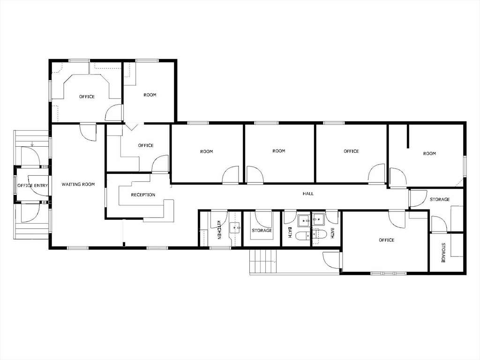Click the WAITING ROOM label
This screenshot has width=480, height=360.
click(x=78, y=185)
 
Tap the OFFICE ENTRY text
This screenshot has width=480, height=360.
click(x=33, y=186)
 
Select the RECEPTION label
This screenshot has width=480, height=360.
click(x=143, y=195)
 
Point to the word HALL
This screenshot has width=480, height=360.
click(x=308, y=194)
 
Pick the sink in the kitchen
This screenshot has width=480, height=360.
click(x=234, y=228)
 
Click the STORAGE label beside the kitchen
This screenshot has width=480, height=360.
click(x=262, y=231)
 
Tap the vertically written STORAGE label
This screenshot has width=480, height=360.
click(x=443, y=252)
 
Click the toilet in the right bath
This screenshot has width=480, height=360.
click(x=319, y=234)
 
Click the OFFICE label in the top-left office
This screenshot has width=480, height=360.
click(x=87, y=97)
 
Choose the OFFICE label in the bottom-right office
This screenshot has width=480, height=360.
click(x=386, y=240)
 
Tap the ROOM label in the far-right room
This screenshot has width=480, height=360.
click(x=429, y=154)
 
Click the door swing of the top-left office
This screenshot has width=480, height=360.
click(x=114, y=113)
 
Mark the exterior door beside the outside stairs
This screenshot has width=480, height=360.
click(x=331, y=260)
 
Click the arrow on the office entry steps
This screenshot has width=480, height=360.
click(x=31, y=143)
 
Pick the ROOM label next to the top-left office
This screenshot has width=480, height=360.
click(x=150, y=95)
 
